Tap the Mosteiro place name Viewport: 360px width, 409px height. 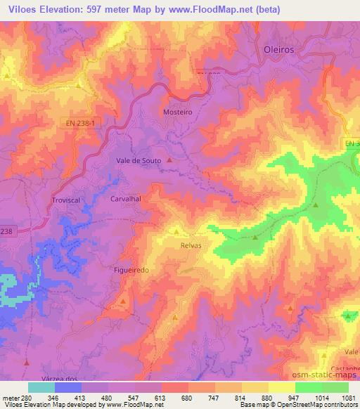click(177, 112)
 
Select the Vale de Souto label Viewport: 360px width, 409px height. click(139, 160)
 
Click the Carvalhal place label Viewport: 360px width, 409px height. click(127, 199)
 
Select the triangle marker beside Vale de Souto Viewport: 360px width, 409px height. click(169, 160)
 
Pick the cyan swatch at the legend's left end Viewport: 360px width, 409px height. click(41, 387)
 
